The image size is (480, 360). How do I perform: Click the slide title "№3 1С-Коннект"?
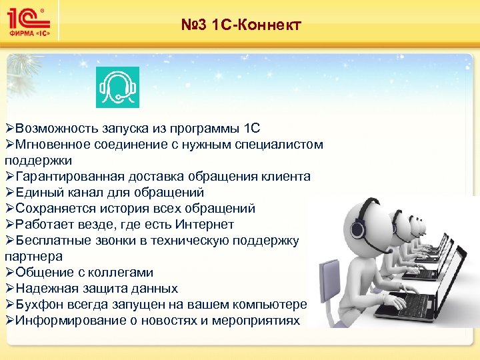point(241,26)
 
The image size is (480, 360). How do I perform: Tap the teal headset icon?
point(117,87)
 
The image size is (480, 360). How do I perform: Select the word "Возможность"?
point(57,128)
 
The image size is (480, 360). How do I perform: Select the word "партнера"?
point(33,257)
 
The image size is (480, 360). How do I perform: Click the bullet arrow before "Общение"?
point(9,273)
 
